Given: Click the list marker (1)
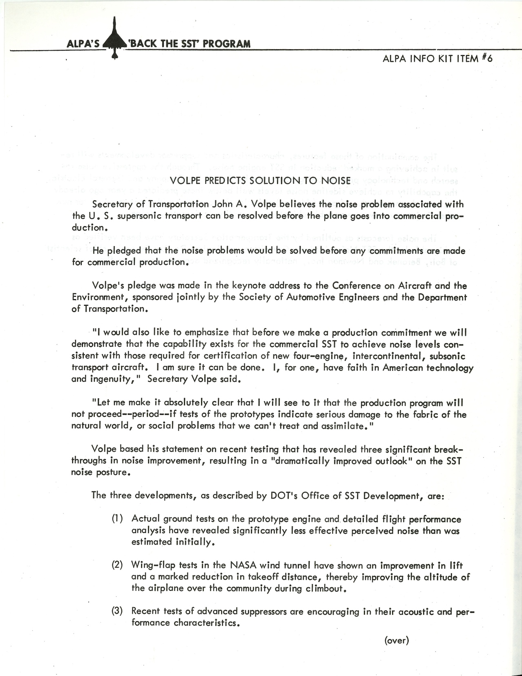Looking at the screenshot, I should pyautogui.click(x=118, y=519).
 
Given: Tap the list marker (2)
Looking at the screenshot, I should pyautogui.click(x=118, y=566).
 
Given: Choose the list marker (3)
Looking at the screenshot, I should pyautogui.click(x=118, y=612).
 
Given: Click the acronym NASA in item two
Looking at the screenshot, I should pyautogui.click(x=243, y=566).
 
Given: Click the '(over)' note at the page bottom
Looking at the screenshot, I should pyautogui.click(x=396, y=640).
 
